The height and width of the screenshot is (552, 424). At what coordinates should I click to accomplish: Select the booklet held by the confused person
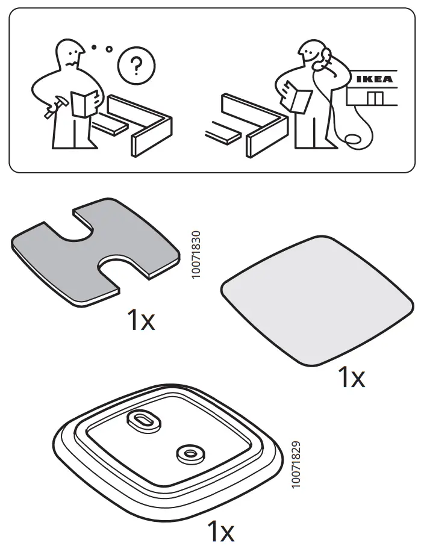[83, 102]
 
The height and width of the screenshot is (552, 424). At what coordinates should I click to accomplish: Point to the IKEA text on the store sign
[374, 79]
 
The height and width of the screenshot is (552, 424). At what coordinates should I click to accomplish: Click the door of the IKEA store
[374, 98]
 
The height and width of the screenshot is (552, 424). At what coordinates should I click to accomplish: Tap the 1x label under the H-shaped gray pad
[140, 321]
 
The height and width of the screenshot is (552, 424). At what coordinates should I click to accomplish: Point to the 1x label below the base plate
[220, 532]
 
